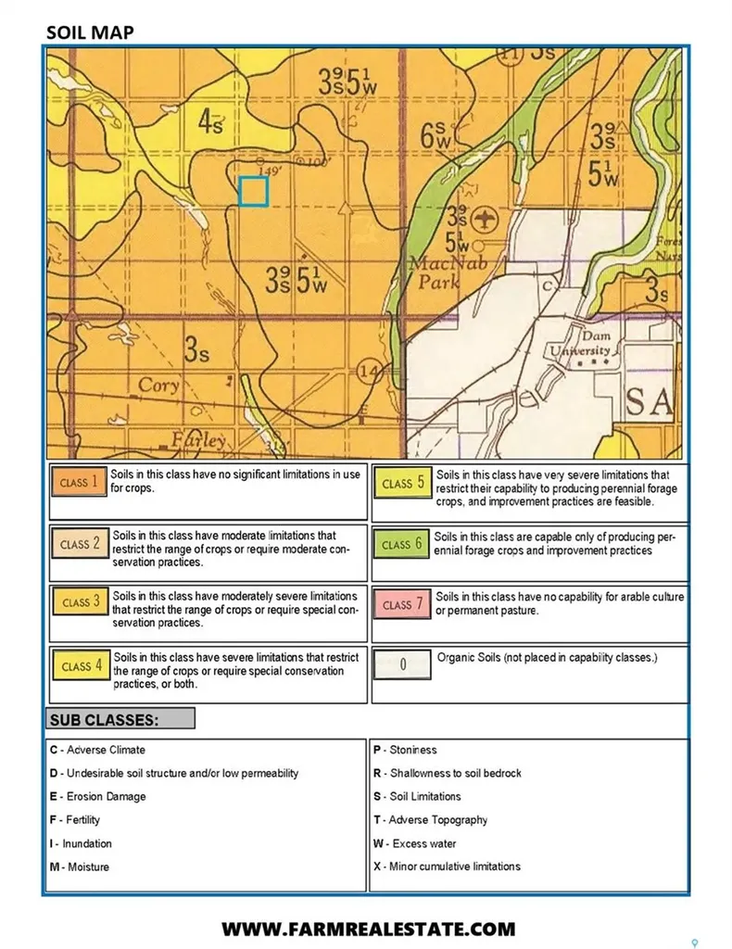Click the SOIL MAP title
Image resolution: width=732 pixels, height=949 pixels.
click(x=90, y=32)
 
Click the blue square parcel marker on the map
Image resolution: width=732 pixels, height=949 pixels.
click(x=253, y=191)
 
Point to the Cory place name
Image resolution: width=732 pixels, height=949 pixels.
click(x=158, y=386)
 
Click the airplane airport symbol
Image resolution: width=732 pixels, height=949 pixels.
click(x=482, y=220)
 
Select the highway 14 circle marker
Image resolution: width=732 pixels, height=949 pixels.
click(x=369, y=373)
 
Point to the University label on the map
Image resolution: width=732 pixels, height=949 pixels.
click(x=580, y=351)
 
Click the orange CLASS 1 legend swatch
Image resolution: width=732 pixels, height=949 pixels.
click(x=79, y=483)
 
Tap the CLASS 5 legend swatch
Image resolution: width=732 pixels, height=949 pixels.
click(x=402, y=483)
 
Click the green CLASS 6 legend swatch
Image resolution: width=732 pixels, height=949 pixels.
click(x=402, y=544)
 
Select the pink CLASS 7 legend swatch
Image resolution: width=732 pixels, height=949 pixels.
click(x=402, y=604)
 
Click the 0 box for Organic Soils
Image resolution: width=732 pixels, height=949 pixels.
click(x=402, y=664)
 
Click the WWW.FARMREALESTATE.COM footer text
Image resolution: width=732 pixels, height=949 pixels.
click(x=367, y=929)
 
